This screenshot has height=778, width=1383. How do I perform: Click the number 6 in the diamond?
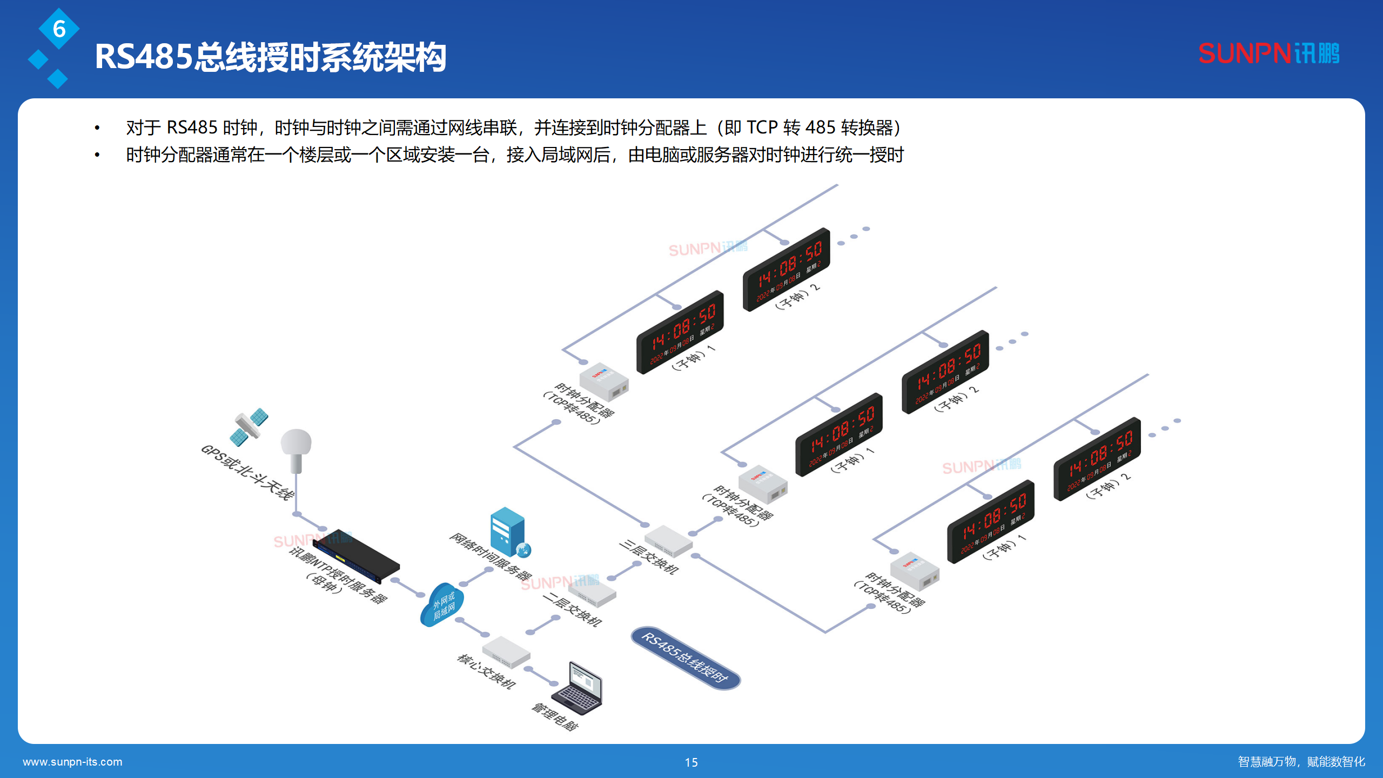click(x=59, y=29)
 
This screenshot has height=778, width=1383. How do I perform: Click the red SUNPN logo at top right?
click(x=1268, y=53)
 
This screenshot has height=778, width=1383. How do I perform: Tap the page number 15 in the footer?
click(x=691, y=762)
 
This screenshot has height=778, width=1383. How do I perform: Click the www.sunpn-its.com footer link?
click(x=72, y=762)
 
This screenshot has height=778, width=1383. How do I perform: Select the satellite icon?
click(x=249, y=426)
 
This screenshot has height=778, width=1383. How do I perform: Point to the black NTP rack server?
click(x=357, y=556)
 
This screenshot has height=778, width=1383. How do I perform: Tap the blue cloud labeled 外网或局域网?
click(x=442, y=605)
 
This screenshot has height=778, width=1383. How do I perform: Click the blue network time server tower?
click(x=508, y=532)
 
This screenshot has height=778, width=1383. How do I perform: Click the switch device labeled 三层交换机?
click(x=668, y=541)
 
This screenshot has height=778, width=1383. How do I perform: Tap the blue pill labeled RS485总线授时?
click(x=685, y=658)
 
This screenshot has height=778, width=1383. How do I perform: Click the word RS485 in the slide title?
click(x=144, y=57)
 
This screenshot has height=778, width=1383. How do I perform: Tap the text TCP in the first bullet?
click(x=762, y=128)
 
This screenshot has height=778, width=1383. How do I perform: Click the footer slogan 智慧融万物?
click(x=1266, y=762)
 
